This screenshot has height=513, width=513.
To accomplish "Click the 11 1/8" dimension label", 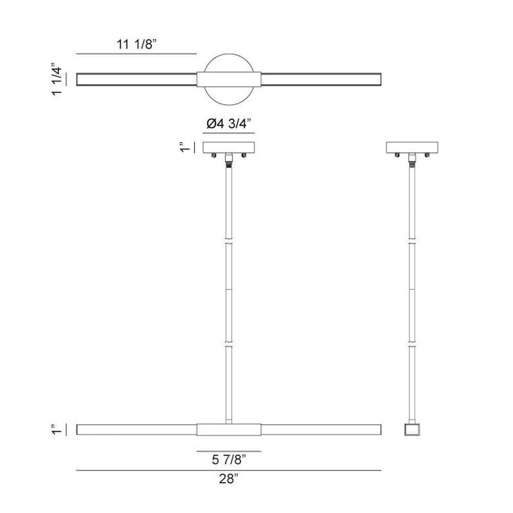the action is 137,44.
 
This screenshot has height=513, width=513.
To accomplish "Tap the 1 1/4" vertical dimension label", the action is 56,79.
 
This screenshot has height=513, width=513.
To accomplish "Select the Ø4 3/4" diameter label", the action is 229,124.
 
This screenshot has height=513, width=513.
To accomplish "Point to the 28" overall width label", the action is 229,479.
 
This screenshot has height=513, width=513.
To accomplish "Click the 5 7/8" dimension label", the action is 229,460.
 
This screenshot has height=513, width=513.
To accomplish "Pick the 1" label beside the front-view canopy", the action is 185,147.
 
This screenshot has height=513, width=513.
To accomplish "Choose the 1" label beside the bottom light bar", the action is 56,429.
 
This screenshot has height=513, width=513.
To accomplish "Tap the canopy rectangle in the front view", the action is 229,147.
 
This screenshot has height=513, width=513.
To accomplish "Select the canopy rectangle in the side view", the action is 412,147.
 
